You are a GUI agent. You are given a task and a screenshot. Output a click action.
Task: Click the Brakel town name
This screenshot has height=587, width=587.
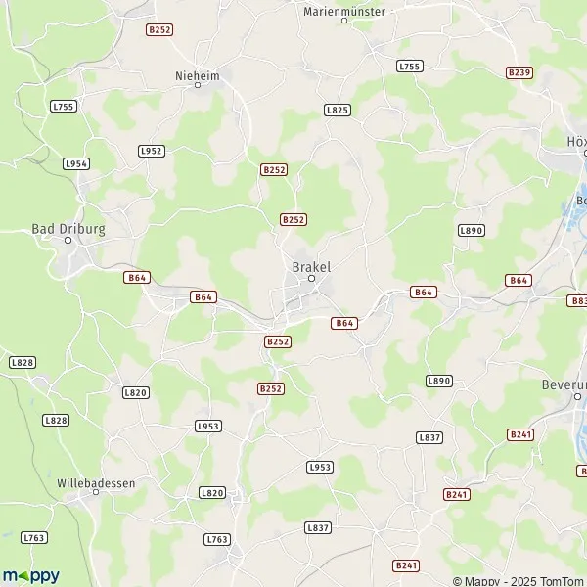point(312,265)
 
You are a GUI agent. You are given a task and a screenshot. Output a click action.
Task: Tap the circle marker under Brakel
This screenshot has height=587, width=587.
point(312,278)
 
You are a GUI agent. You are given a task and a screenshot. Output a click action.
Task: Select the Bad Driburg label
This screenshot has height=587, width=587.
point(68,228)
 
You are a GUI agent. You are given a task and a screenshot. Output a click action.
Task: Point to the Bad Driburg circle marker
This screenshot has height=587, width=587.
point(68,240)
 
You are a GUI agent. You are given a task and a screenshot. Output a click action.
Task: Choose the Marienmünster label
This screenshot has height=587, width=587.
point(344,10)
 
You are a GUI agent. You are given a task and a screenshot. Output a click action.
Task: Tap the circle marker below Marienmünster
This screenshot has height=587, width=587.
point(344,21)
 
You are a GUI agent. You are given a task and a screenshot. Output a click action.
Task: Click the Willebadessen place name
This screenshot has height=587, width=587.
point(96,483)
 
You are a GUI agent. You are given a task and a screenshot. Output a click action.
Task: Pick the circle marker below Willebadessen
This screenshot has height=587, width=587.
point(95,495)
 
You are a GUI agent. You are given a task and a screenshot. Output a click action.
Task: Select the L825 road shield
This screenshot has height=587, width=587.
point(337,111)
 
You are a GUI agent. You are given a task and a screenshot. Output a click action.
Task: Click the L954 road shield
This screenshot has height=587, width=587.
point(76,163)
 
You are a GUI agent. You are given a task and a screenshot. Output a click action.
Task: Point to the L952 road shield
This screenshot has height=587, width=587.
point(152,150)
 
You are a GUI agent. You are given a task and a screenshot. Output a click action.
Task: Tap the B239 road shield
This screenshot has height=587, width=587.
point(519,72)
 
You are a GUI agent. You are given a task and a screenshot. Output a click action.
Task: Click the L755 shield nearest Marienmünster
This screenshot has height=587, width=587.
point(409,66)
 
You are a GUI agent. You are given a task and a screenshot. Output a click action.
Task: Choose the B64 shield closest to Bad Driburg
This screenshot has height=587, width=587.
point(137,278)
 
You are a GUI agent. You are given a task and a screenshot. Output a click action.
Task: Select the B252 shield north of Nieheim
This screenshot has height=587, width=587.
point(159,30)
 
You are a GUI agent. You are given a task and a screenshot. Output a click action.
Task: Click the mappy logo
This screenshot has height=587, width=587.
point(30,575)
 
